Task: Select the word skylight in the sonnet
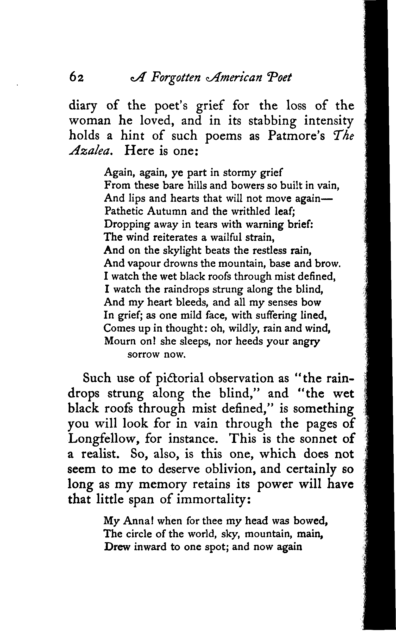(x=182, y=251)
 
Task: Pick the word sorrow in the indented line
(x=143, y=355)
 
